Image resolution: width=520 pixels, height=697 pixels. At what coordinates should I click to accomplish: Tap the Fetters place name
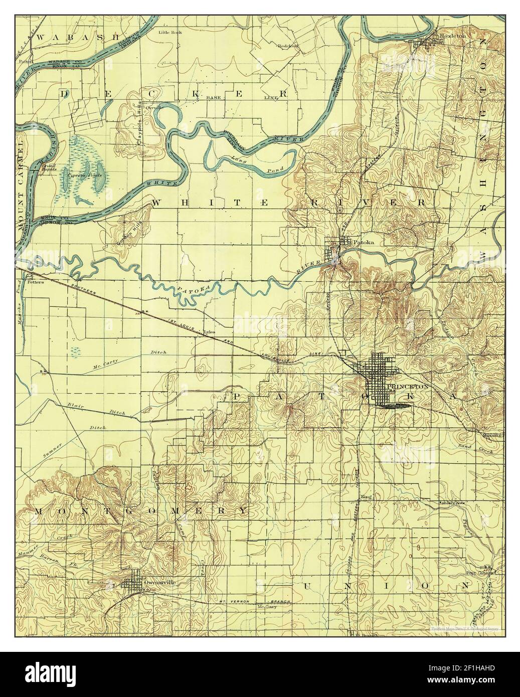[36, 282]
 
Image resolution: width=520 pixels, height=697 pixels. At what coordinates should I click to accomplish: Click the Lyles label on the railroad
[210, 332]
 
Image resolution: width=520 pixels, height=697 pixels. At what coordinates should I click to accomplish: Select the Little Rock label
[170, 32]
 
